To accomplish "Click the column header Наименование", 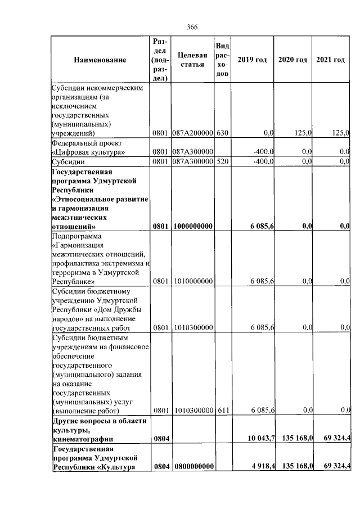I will [x=99, y=60].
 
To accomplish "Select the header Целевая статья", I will [x=192, y=60].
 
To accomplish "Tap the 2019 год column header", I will [x=252, y=60].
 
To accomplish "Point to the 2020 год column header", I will [x=293, y=60].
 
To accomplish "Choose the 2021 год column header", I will [x=331, y=60].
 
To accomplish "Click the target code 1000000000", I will [x=192, y=226].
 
